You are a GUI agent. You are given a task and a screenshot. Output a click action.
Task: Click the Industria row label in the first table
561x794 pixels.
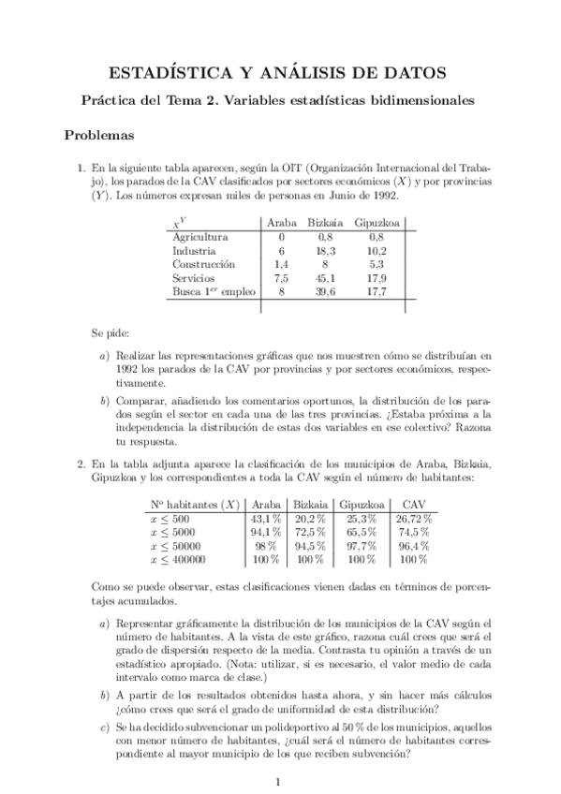pyautogui.click(x=195, y=251)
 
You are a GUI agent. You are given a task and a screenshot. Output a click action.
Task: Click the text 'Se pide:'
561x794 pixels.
pyautogui.click(x=111, y=332)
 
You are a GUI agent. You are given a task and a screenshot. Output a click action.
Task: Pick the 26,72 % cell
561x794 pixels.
pyautogui.click(x=412, y=519)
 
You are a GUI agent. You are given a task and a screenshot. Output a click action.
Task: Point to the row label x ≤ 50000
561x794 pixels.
pyautogui.click(x=177, y=546)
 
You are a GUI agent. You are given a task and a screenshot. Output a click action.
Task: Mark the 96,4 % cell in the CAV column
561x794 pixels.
pyautogui.click(x=413, y=546)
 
